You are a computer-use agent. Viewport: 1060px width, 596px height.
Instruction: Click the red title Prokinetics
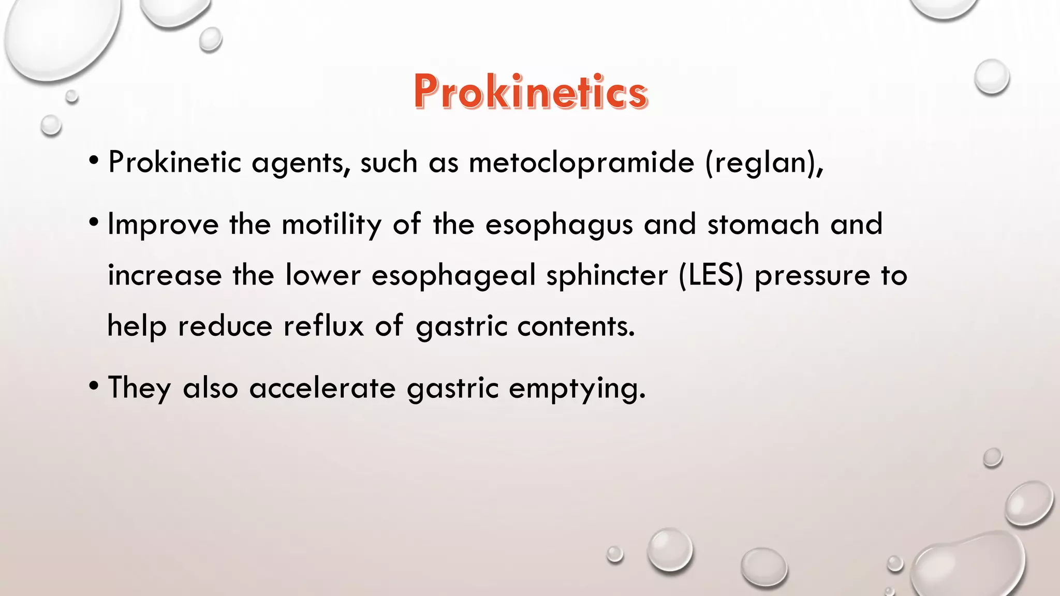pos(531,92)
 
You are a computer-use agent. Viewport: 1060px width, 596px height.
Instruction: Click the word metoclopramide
pos(581,162)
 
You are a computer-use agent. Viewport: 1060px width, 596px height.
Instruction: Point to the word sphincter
pos(607,276)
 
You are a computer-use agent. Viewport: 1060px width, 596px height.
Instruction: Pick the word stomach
pos(763,225)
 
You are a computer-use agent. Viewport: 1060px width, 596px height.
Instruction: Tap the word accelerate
pos(322,388)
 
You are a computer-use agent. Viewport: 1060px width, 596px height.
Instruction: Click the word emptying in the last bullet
pos(577,389)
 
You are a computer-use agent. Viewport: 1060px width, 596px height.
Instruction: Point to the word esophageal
pos(453,276)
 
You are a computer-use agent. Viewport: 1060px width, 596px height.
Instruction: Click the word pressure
pos(813,276)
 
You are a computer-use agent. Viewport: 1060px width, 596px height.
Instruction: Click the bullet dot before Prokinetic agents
pos(94,160)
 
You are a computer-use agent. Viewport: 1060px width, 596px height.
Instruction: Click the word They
pos(139,388)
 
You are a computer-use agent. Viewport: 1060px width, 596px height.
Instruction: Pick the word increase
pos(165,275)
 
